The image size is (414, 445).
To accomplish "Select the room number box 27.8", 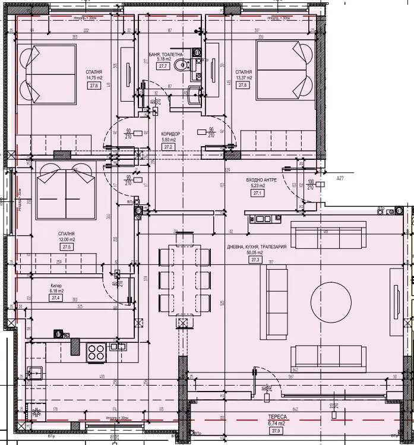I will point(242,86).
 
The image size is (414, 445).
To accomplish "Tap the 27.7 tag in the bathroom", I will point(163,67).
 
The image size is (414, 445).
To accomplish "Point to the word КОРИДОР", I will point(170,134).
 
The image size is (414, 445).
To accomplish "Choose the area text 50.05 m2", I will point(257,253).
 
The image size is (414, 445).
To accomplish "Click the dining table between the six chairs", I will point(185,276).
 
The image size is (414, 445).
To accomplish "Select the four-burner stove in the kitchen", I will point(96,352).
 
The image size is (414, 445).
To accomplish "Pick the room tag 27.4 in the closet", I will point(57,298).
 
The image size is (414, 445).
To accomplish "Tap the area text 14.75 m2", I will point(94,78).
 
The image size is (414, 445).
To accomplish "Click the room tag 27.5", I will point(66,247).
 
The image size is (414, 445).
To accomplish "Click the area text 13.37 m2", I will point(244,77).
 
